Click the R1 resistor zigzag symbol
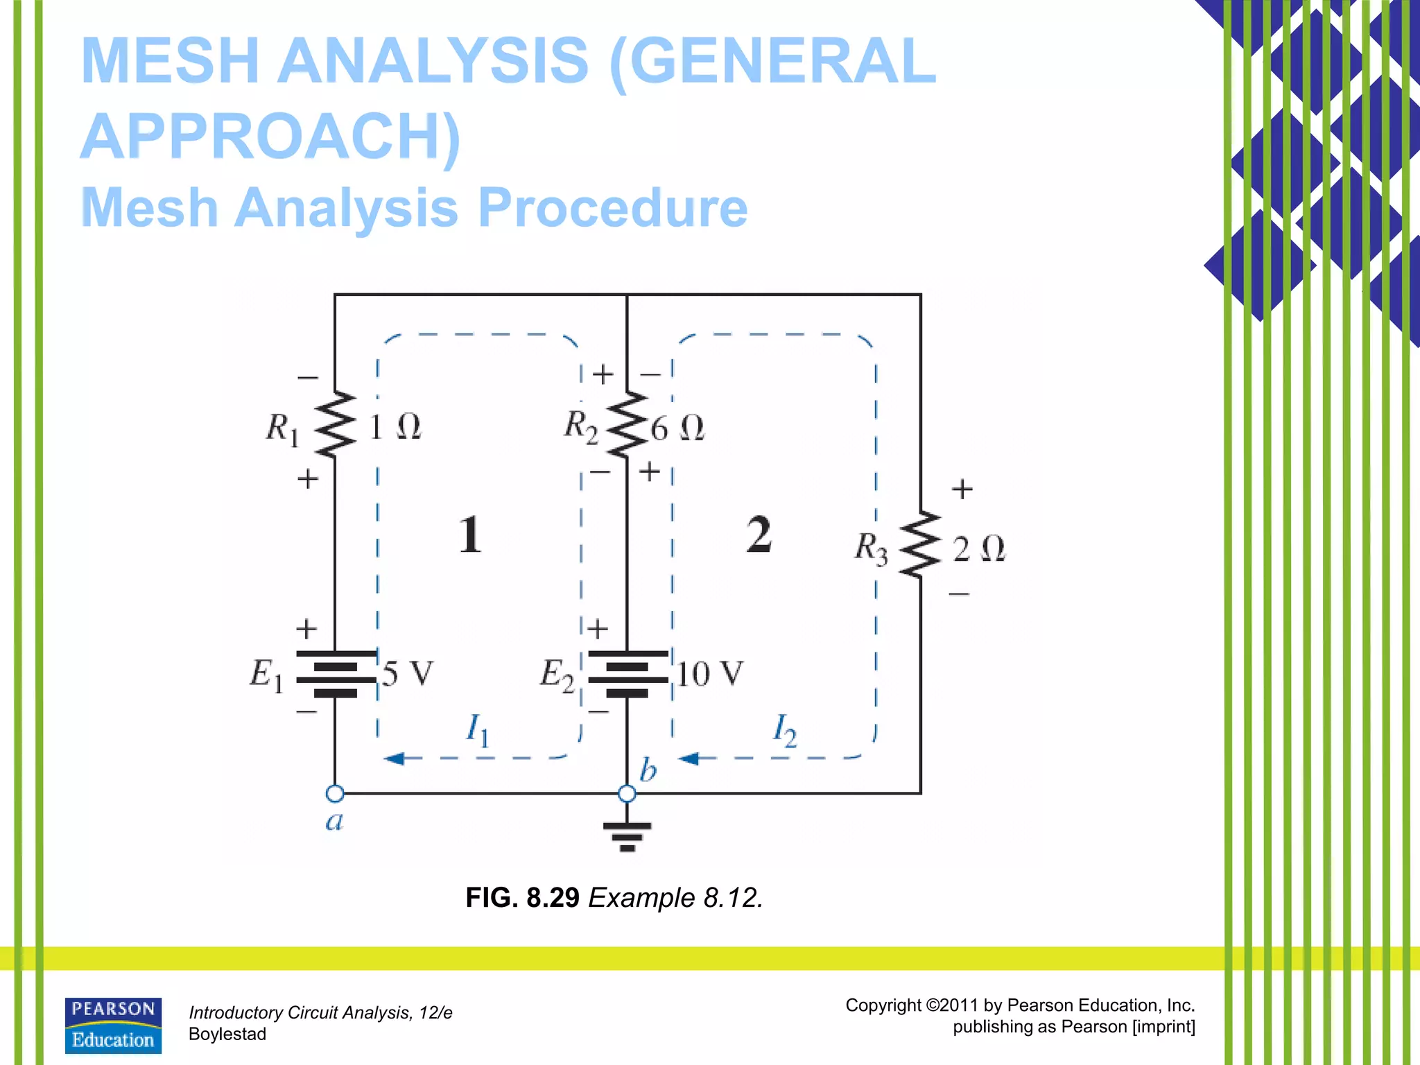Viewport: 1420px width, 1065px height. click(336, 424)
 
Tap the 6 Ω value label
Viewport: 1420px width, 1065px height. click(677, 428)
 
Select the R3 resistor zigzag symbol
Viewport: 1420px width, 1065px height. click(920, 545)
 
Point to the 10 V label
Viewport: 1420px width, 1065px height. click(709, 674)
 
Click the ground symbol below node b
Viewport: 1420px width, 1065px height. click(627, 835)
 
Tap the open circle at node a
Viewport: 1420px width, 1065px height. click(335, 793)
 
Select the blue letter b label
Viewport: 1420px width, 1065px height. click(648, 770)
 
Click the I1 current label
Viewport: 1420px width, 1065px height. click(477, 729)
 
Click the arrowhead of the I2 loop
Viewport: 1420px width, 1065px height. click(688, 759)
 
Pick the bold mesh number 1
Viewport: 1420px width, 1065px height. click(470, 535)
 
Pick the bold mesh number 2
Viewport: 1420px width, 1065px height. click(759, 535)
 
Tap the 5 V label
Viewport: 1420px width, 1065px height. click(408, 674)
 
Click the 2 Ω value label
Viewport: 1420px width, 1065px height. click(978, 549)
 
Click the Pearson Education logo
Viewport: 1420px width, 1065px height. click(113, 1025)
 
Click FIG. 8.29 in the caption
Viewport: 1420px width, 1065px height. click(522, 897)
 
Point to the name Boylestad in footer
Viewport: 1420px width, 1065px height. click(227, 1034)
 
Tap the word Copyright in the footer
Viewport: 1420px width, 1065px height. click(883, 1005)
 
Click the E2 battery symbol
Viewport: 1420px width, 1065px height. click(627, 674)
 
